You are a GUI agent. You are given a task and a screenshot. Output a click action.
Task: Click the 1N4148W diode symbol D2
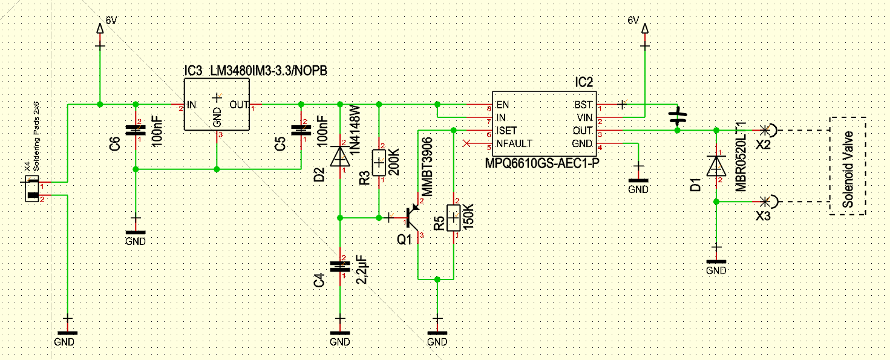pyautogui.click(x=340, y=156)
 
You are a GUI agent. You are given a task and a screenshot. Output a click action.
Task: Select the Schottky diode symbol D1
pyautogui.click(x=716, y=166)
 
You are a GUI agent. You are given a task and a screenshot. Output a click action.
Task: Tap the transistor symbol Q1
pyautogui.click(x=413, y=218)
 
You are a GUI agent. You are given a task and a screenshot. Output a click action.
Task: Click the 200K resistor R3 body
pyautogui.click(x=379, y=163)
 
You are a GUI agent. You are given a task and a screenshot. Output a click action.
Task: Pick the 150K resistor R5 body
pyautogui.click(x=454, y=218)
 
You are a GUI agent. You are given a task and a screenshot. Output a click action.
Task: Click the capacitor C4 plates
pyautogui.click(x=340, y=266)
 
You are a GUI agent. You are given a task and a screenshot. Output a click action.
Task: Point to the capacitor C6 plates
pyautogui.click(x=136, y=130)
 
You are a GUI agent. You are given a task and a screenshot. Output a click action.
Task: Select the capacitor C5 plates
pyautogui.click(x=301, y=130)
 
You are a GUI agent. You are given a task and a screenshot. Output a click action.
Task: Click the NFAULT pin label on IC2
pyautogui.click(x=514, y=143)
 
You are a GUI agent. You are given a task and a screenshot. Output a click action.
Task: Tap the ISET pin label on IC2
pyautogui.click(x=506, y=131)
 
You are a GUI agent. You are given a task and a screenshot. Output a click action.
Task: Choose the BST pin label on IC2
pyautogui.click(x=583, y=105)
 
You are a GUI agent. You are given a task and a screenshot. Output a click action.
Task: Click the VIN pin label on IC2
pyautogui.click(x=585, y=118)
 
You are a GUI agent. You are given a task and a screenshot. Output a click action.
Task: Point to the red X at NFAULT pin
pyautogui.click(x=466, y=143)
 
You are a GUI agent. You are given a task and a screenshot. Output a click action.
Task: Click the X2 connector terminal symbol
pyautogui.click(x=768, y=130)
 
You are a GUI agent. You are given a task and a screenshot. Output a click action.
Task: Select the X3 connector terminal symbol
pyautogui.click(x=768, y=202)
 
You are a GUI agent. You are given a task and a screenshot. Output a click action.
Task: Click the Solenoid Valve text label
pyautogui.click(x=848, y=169)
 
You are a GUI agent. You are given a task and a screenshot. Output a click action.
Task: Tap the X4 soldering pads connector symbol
pyautogui.click(x=32, y=189)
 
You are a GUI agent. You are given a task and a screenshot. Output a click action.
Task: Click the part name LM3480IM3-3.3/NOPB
pyautogui.click(x=269, y=71)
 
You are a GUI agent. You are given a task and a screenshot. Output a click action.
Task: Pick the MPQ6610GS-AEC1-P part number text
pyautogui.click(x=542, y=163)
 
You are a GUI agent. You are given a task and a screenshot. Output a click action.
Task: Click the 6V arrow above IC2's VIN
pyautogui.click(x=645, y=28)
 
